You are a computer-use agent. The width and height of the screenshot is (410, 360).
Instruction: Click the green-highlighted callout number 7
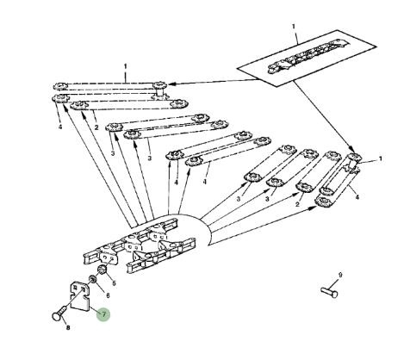tap(103, 314)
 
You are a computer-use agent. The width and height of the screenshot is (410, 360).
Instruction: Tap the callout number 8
tap(68, 327)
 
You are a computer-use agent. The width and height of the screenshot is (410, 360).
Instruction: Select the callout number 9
tap(340, 275)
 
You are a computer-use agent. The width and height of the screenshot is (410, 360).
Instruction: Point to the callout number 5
tap(114, 283)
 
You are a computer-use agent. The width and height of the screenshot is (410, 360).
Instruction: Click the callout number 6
tap(108, 295)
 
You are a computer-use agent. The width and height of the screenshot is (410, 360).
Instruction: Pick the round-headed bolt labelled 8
tap(60, 313)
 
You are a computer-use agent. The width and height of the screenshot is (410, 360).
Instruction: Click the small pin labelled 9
tap(329, 292)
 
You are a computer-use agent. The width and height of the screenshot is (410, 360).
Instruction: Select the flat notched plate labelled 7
tap(80, 296)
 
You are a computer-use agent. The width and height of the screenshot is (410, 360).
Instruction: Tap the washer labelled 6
tap(92, 279)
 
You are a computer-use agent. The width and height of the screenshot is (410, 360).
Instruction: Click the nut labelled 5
tap(102, 270)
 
